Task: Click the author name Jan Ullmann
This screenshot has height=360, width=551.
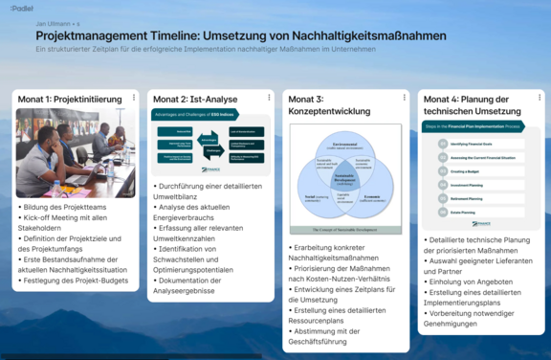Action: [x=53, y=23]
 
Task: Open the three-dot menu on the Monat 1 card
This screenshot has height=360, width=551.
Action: [x=134, y=98]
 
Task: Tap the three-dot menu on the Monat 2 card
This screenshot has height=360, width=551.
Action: [x=269, y=98]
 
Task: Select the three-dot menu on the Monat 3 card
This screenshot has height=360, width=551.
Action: [x=404, y=98]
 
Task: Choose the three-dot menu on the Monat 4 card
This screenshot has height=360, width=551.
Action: [x=539, y=98]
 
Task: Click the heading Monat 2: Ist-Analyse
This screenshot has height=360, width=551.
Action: [x=196, y=99]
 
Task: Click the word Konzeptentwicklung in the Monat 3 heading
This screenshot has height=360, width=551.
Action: [x=331, y=112]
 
